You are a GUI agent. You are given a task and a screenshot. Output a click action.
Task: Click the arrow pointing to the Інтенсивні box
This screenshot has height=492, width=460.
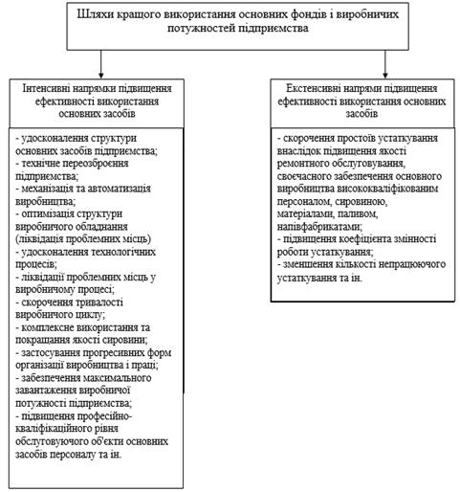(101, 64)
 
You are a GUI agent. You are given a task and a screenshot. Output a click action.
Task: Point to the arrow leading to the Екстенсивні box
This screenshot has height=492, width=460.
(385, 64)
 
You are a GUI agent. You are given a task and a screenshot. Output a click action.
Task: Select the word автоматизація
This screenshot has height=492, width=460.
(119, 189)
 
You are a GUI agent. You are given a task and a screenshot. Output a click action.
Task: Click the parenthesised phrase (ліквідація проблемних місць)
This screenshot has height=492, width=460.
(83, 238)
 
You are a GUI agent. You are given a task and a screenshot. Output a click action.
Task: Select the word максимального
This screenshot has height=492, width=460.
(118, 378)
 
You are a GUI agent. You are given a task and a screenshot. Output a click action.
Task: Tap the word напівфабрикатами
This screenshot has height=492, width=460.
(319, 226)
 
